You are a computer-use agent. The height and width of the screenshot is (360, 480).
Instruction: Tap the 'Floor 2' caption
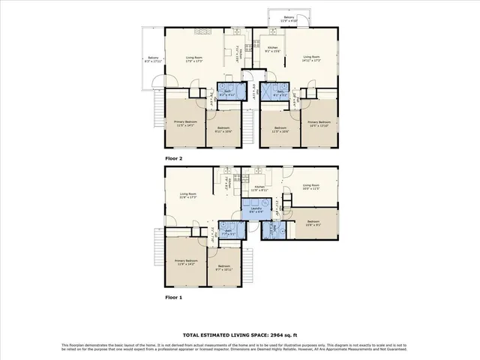pos(174,159)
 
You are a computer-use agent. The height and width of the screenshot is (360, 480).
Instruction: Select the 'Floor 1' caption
pos(174,297)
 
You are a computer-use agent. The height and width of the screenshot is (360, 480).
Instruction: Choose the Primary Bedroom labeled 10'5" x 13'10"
pos(319,123)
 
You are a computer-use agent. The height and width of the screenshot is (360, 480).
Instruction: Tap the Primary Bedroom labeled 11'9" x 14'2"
pos(184,262)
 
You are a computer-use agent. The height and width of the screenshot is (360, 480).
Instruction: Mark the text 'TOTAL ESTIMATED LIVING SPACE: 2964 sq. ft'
pos(239,334)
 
